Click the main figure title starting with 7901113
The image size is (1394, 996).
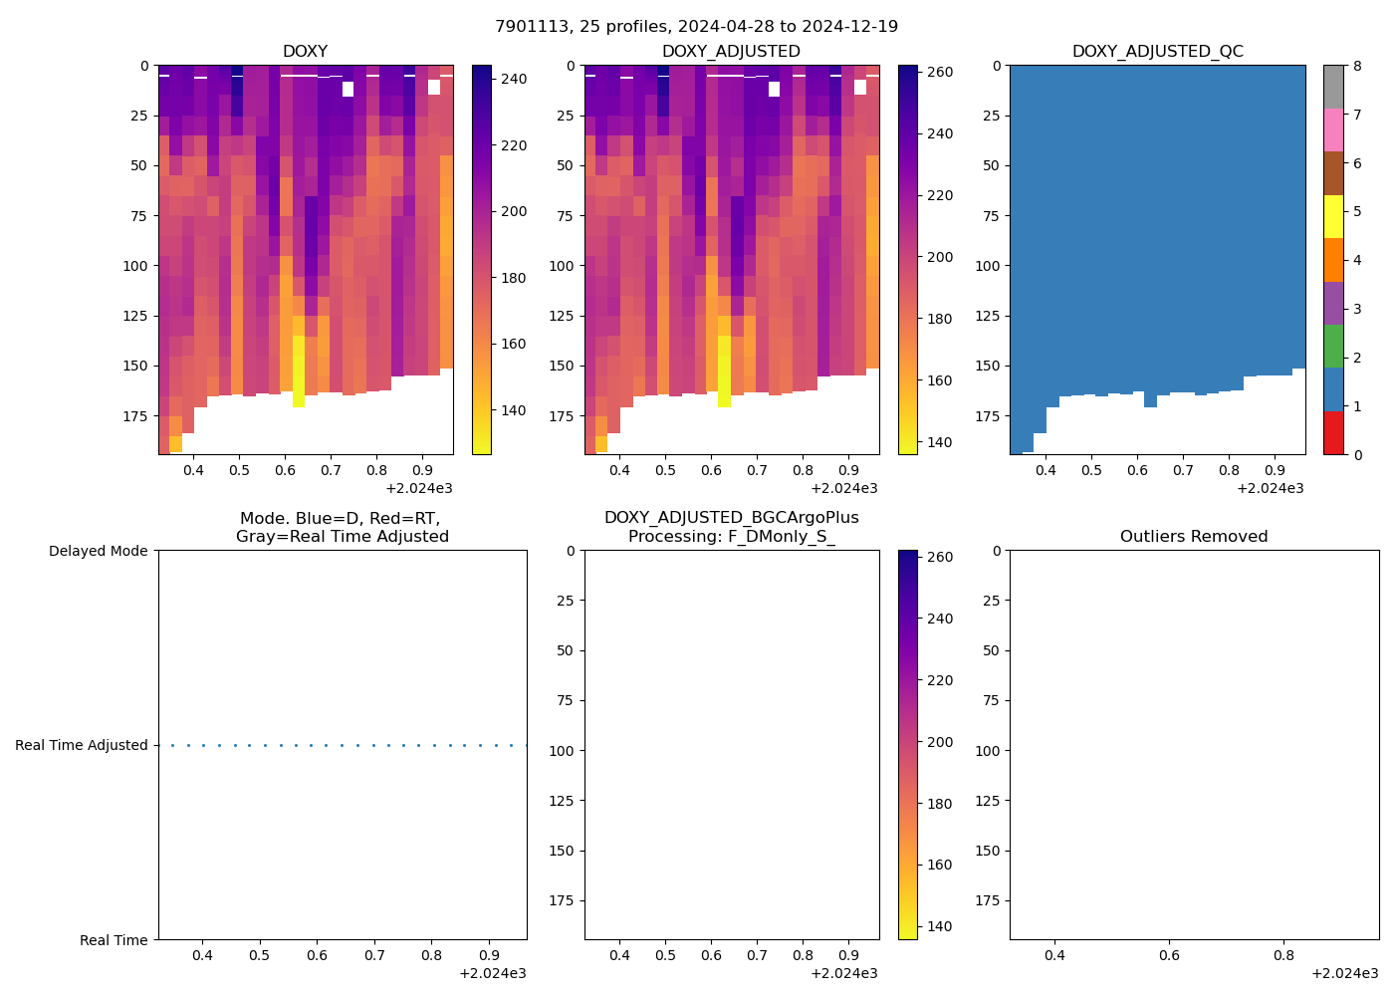click(696, 26)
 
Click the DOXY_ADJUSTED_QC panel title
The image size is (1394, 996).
click(1157, 51)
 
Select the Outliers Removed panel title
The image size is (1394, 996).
click(1194, 536)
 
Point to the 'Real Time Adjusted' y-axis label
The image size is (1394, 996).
click(82, 745)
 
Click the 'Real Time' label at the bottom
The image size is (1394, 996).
click(114, 940)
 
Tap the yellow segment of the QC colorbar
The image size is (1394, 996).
click(1333, 216)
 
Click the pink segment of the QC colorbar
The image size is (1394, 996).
click(1333, 129)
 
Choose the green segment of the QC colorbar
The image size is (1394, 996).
click(1333, 346)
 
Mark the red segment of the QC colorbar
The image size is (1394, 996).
click(1333, 433)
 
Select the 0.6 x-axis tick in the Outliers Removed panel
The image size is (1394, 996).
click(1169, 955)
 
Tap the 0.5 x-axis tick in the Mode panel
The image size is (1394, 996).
click(259, 955)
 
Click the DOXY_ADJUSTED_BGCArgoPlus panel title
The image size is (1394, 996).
click(731, 527)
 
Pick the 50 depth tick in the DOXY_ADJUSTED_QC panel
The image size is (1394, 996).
click(991, 165)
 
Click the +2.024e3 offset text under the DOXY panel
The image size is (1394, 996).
click(419, 488)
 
